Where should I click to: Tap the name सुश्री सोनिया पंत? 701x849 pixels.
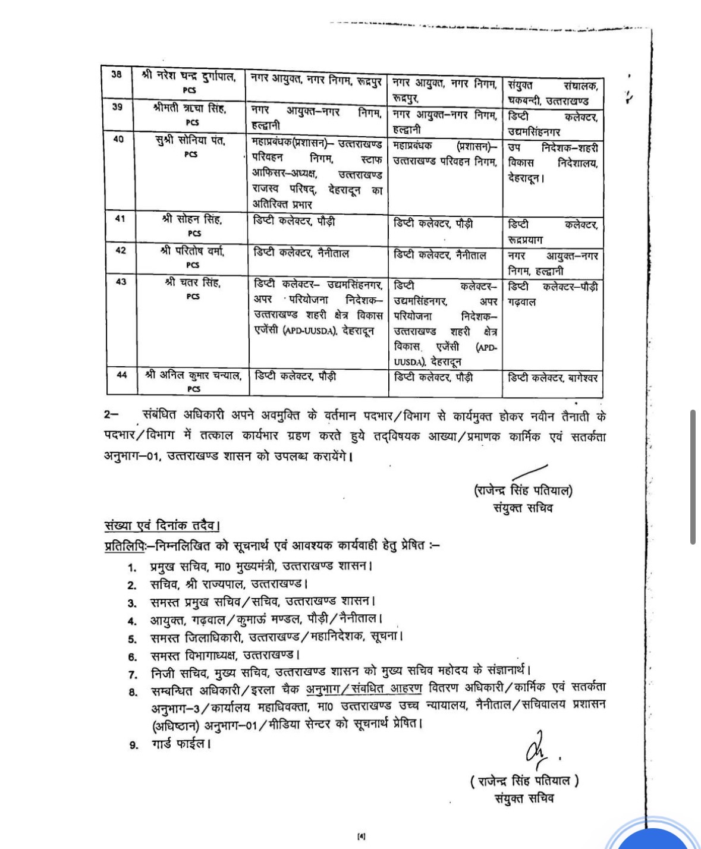click(191, 141)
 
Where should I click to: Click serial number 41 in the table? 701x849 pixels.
click(120, 219)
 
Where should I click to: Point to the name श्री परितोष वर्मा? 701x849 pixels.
click(192, 251)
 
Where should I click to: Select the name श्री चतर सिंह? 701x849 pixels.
click(193, 282)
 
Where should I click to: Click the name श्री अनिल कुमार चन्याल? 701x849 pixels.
click(193, 375)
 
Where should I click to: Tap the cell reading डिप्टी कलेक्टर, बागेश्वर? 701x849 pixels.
click(552, 378)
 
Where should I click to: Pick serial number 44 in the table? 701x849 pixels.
click(121, 375)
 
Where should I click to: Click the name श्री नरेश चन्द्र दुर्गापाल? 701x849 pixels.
click(189, 76)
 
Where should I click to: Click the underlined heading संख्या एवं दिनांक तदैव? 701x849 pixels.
click(162, 526)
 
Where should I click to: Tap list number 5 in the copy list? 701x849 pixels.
click(133, 639)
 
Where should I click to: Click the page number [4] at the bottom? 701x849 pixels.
click(361, 837)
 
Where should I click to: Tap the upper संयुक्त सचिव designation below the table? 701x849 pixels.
click(523, 508)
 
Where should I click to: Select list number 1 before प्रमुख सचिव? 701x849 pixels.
click(132, 567)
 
